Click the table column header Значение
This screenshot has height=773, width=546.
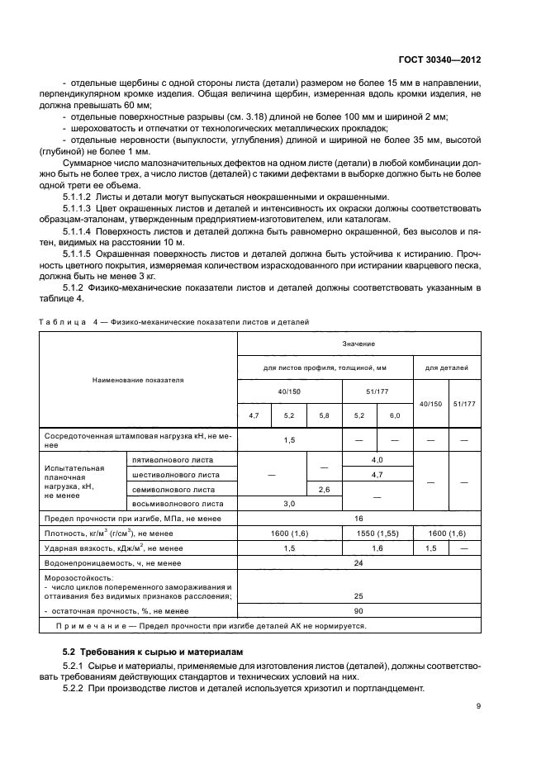pyautogui.click(x=358, y=343)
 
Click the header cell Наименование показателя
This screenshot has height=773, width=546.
pyautogui.click(x=138, y=380)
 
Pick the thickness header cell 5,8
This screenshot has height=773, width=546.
pyautogui.click(x=323, y=415)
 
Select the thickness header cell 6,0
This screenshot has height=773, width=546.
pyautogui.click(x=394, y=415)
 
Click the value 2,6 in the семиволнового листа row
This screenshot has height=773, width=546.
pyautogui.click(x=323, y=489)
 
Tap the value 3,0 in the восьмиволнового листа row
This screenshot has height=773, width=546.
pyautogui.click(x=289, y=503)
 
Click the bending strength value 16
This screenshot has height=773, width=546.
pyautogui.click(x=358, y=518)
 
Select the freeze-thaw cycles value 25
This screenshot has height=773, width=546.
pyautogui.click(x=358, y=595)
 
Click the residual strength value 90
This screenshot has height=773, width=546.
pyautogui.click(x=358, y=611)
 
